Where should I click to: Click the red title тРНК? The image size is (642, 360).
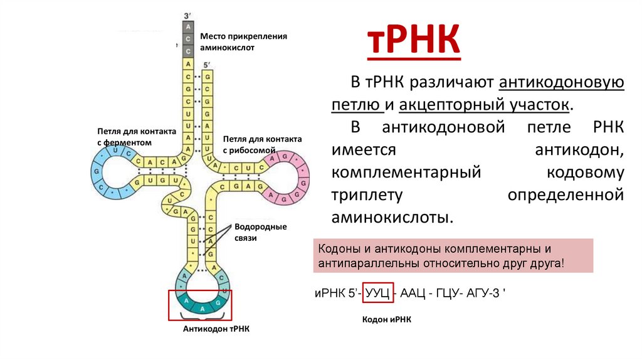(x=413, y=41)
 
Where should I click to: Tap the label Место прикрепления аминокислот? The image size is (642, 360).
(x=243, y=41)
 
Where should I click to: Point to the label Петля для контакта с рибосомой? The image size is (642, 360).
(x=262, y=144)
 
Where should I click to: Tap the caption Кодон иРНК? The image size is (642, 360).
(x=387, y=319)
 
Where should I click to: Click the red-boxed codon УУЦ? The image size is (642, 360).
(x=379, y=293)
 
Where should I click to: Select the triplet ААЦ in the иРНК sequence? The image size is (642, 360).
(x=415, y=293)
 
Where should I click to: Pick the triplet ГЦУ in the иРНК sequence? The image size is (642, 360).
(x=453, y=293)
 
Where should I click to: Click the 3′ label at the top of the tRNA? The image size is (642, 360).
(x=187, y=14)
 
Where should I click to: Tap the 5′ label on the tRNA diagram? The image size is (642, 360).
(x=208, y=65)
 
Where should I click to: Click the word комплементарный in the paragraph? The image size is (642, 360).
(x=406, y=172)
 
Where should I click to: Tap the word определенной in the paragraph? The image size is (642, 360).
(x=566, y=195)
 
